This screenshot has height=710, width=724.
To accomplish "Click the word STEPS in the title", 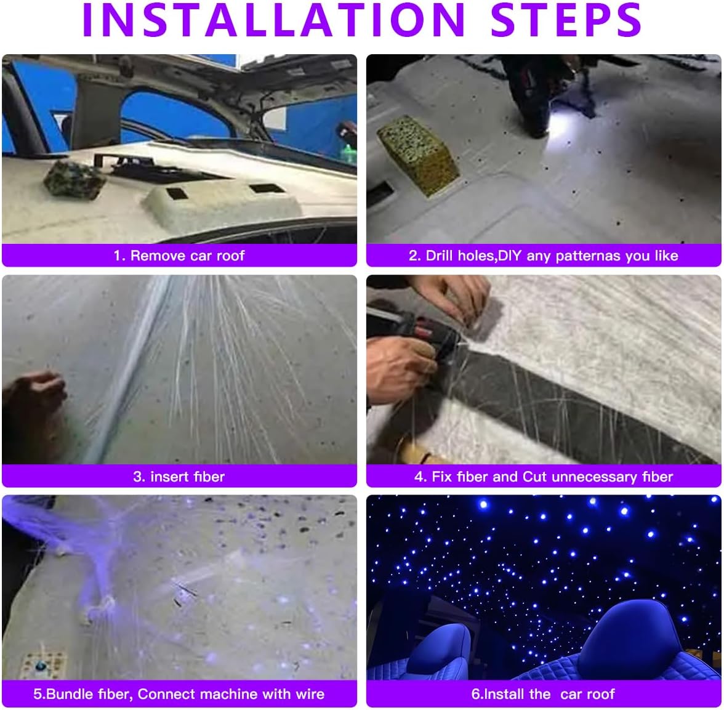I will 566,20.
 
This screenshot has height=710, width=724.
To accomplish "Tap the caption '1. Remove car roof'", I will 179,256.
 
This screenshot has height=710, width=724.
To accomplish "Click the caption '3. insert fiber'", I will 179,477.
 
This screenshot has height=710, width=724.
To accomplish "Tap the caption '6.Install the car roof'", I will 543,695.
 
